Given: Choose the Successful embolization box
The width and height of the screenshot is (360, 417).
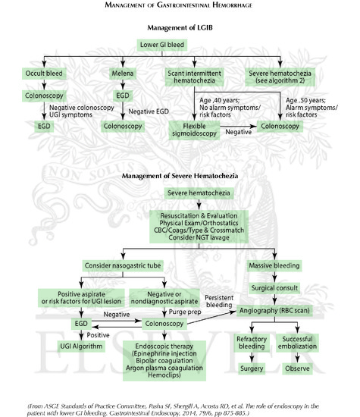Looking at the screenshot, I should (x=301, y=343).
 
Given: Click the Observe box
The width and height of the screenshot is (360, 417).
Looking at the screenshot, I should (x=301, y=368).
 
